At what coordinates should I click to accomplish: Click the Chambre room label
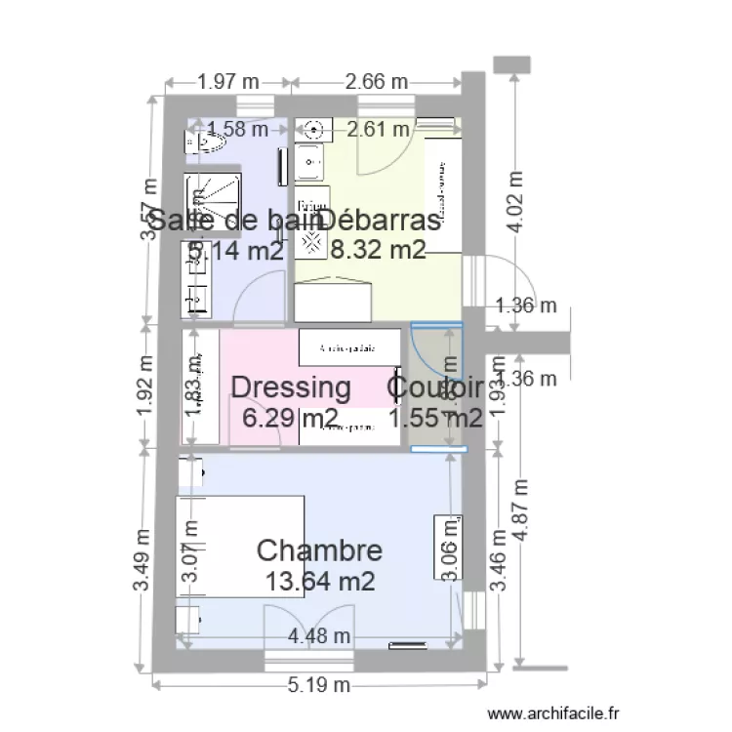[318, 549]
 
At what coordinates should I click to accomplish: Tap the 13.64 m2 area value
[319, 582]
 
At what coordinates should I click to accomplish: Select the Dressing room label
[290, 387]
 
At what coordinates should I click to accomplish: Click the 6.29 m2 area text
[290, 419]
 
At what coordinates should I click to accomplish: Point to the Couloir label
[435, 387]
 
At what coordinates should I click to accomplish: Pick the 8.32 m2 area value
[379, 251]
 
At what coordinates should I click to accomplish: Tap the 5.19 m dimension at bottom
[319, 686]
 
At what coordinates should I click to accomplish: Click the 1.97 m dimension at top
[228, 82]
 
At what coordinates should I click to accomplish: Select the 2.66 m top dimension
[377, 82]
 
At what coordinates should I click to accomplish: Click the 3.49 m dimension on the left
[142, 559]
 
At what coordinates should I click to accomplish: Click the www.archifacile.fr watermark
[553, 715]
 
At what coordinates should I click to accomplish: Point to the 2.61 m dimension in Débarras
[379, 128]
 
